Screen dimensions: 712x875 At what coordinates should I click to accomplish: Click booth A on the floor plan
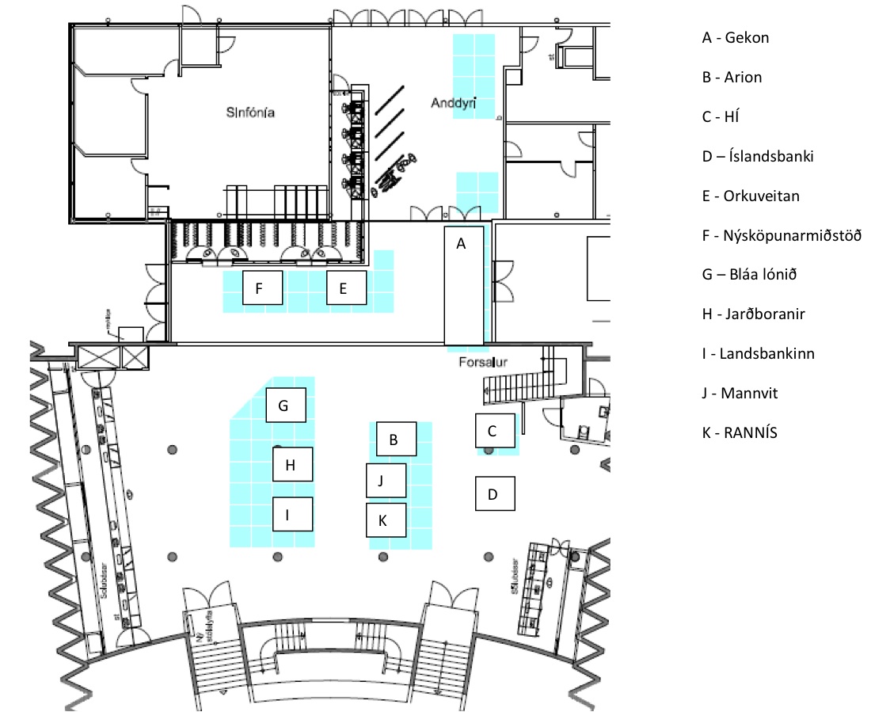click(461, 285)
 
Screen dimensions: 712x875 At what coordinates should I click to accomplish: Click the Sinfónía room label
click(250, 114)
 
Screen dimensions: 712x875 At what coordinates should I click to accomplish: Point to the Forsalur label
click(482, 362)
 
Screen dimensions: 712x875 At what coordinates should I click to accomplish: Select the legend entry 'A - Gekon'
click(735, 37)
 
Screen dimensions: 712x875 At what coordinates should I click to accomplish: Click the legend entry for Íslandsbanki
click(757, 156)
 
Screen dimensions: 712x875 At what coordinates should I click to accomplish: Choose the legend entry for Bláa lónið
click(748, 275)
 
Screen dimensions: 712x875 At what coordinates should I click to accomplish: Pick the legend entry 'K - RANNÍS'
click(739, 432)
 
